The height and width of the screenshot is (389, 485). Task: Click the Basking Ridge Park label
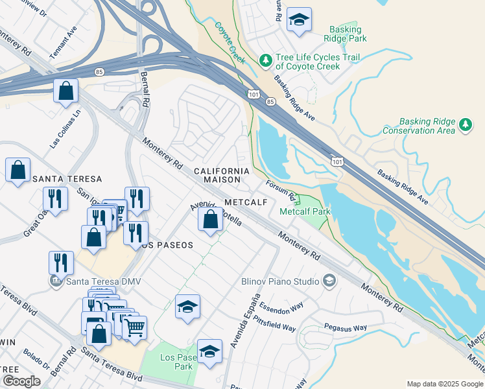348,34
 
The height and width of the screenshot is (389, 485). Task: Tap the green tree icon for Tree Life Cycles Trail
265,60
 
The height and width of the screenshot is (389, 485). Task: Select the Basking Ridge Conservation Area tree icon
465,125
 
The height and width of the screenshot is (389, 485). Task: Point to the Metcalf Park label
305,211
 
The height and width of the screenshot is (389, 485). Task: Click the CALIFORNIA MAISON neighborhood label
222,175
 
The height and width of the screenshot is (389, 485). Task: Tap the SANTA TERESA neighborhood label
67,179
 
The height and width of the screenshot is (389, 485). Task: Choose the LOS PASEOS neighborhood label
167,245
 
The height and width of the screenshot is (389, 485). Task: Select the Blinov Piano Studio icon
329,281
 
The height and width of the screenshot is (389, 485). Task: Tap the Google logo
21,381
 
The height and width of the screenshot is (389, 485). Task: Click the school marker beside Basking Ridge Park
298,20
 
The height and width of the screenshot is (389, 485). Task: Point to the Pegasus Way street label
346,328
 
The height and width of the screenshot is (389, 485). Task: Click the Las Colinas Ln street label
67,128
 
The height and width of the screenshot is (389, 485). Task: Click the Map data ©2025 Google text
444,383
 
